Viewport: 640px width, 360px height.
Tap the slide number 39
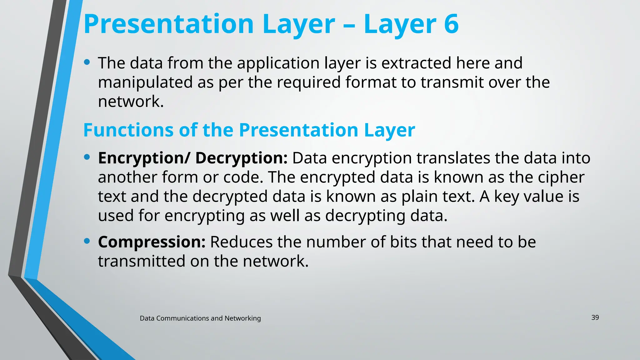(x=595, y=317)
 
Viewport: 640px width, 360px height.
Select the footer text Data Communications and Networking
(x=200, y=318)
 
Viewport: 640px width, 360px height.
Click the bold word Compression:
(x=152, y=242)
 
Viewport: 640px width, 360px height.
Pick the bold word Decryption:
(x=241, y=158)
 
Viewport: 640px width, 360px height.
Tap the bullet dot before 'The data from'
(x=87, y=62)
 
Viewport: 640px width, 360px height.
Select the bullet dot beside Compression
(x=87, y=241)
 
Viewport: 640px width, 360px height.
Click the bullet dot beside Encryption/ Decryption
(x=87, y=157)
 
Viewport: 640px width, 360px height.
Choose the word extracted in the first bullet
(x=416, y=63)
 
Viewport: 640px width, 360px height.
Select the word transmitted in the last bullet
(x=142, y=261)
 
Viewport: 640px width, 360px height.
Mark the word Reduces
(x=241, y=242)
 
